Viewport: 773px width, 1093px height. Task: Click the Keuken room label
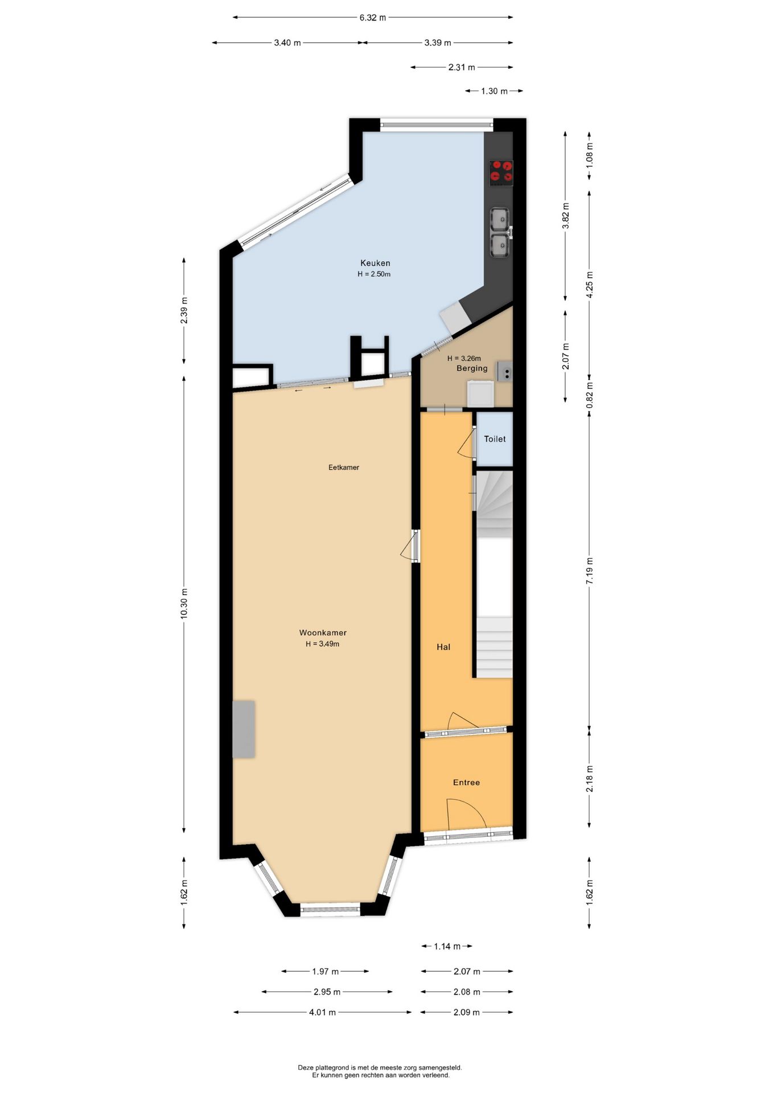[375, 263]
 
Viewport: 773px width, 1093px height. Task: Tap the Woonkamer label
[323, 632]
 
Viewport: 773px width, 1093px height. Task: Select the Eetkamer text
[344, 467]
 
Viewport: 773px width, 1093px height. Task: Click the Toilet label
[495, 439]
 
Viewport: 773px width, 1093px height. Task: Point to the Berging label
[472, 368]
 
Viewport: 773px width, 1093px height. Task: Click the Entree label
[466, 782]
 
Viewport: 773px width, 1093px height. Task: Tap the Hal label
[443, 647]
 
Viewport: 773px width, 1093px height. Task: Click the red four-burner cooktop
[501, 172]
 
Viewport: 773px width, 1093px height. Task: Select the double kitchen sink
[500, 232]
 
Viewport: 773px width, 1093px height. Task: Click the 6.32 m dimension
[372, 18]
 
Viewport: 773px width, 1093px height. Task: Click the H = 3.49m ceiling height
[322, 644]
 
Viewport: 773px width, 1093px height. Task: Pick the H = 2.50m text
[374, 274]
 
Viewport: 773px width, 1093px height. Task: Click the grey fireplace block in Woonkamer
[244, 729]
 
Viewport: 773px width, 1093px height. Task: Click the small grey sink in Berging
[505, 371]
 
